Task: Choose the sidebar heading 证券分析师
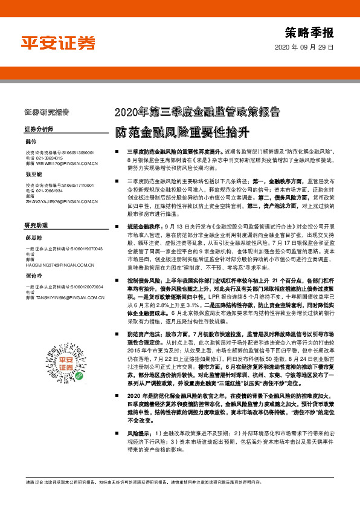(40, 129)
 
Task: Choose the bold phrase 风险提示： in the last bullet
(141, 451)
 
